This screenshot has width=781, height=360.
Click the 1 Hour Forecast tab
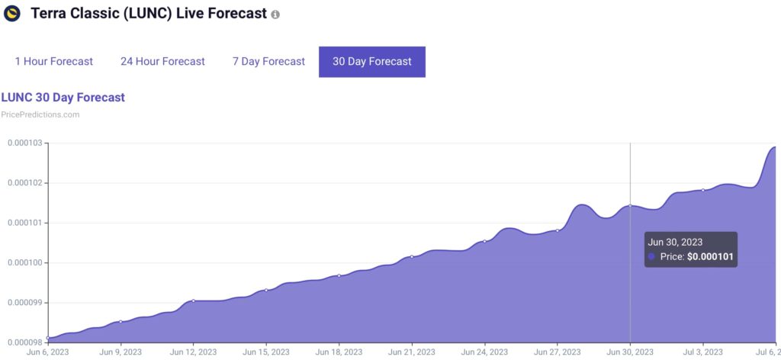pos(54,62)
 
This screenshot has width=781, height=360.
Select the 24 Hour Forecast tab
pos(162,62)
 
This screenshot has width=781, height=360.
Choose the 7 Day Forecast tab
pos(268,62)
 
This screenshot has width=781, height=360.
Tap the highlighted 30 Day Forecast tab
pos(372,62)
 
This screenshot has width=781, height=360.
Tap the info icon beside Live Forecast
pos(275,14)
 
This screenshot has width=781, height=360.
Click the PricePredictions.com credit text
pos(40,114)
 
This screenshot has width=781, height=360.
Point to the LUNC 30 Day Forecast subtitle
pos(63,97)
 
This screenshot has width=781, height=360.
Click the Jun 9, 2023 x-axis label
pos(121,352)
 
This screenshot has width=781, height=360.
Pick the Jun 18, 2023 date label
pos(339,352)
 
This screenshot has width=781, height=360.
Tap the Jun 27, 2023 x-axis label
pos(558,352)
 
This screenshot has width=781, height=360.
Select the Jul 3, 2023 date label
pos(702,352)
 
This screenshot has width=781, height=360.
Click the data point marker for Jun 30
pos(630,206)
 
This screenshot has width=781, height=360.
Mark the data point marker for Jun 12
pos(193,301)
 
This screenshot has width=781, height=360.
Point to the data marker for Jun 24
pos(484,241)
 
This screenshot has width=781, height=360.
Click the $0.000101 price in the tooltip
pos(710,257)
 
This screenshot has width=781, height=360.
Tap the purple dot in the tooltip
pos(651,257)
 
